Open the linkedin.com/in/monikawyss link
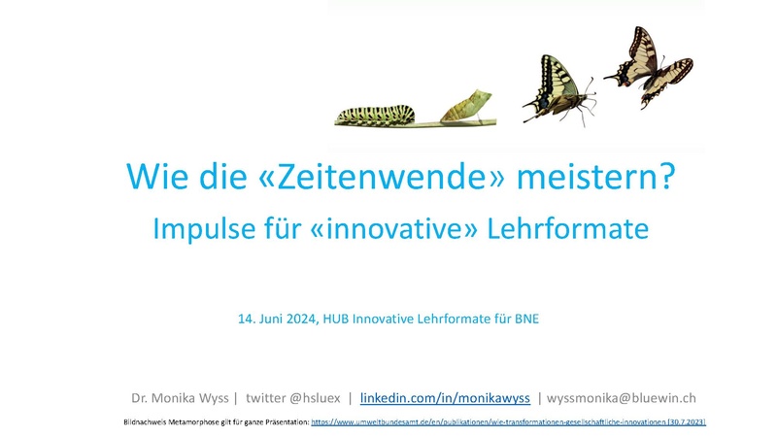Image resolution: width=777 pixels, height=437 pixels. pyautogui.click(x=445, y=398)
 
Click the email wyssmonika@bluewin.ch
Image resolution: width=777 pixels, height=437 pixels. pyautogui.click(x=622, y=398)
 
